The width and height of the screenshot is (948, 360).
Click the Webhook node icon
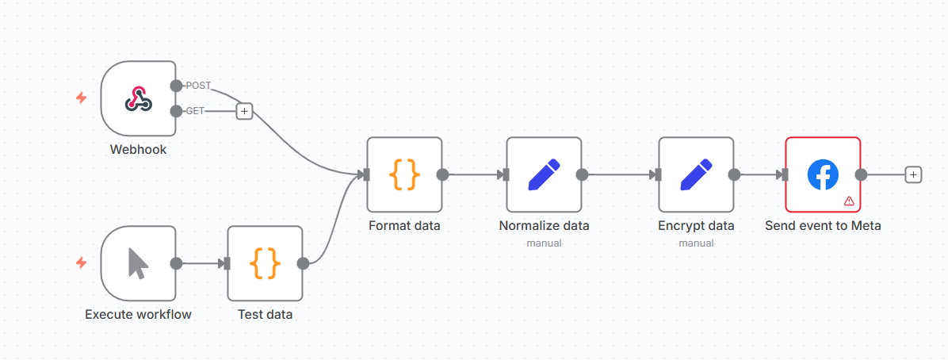click(138, 98)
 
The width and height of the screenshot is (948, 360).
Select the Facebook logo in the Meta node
click(823, 174)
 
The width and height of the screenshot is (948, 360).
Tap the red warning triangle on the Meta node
click(849, 201)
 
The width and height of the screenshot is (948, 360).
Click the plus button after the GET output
click(244, 112)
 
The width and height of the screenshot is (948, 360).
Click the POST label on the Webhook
click(197, 85)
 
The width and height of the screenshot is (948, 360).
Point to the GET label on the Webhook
click(194, 111)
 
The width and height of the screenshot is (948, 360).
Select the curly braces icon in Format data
click(404, 174)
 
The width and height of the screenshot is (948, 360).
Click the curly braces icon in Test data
click(265, 263)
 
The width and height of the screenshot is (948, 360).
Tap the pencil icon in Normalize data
click(544, 174)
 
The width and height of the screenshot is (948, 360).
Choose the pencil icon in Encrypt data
click(696, 174)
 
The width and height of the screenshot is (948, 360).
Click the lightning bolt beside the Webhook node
click(81, 98)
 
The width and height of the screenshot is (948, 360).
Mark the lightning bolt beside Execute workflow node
click(81, 262)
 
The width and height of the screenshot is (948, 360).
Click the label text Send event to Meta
click(823, 226)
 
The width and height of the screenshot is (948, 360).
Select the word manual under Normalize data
click(544, 243)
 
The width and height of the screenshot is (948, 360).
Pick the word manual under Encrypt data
click(696, 243)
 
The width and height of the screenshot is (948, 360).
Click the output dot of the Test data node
click(303, 263)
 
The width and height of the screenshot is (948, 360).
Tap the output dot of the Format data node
click(442, 174)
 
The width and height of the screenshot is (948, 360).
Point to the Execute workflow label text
click(138, 315)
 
